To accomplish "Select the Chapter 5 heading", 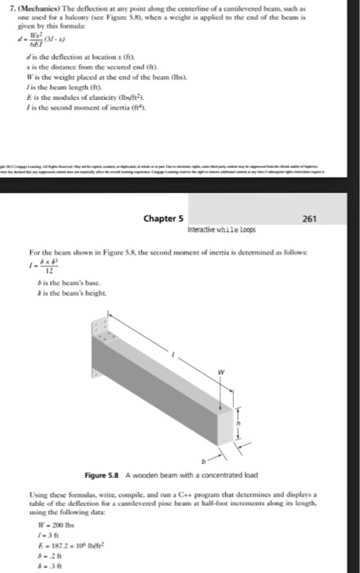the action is [x=163, y=219].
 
